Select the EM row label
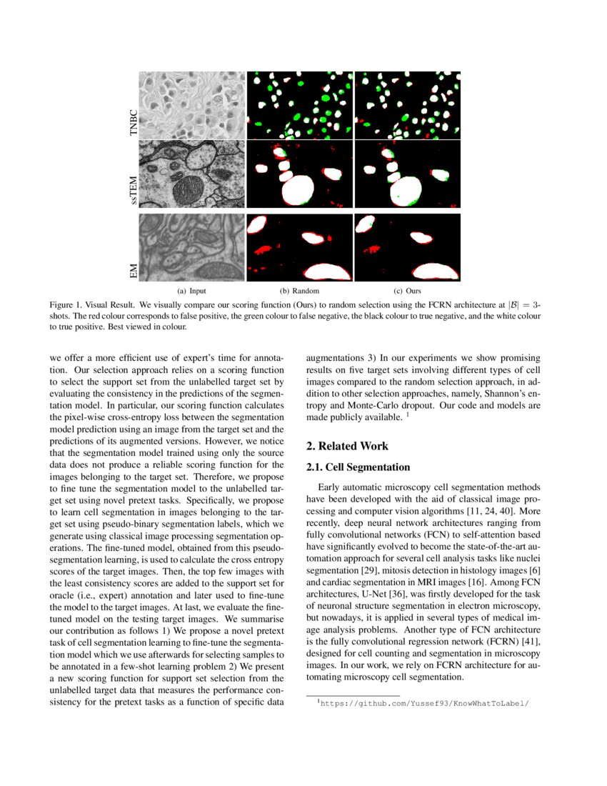131,271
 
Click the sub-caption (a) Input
191,292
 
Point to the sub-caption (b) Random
299,292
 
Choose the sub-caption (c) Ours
407,292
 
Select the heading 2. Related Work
347,447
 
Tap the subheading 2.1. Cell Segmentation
358,467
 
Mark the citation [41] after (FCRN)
531,640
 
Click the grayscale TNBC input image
191,105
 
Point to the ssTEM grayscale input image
191,175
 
